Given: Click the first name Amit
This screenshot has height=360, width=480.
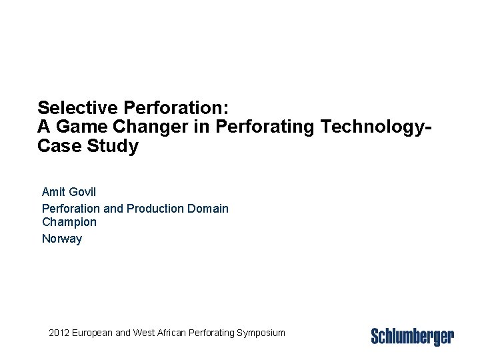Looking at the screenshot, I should coord(53,192).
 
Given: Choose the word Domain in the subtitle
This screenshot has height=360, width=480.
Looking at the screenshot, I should coord(207,209).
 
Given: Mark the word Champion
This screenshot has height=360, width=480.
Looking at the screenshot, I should coord(69,222).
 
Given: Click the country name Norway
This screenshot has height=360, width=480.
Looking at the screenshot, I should coord(62,238).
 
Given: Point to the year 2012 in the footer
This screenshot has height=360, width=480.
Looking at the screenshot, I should coord(60,332).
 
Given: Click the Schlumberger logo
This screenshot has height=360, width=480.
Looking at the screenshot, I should coord(412,336).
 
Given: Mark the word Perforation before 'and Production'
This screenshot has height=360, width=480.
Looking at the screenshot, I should coord(71,209).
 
